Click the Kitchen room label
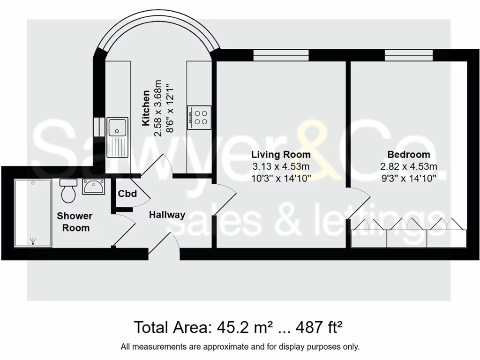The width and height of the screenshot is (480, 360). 146,108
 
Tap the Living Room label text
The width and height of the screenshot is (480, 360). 281,155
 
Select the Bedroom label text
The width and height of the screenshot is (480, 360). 408,155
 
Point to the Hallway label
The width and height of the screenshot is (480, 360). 167,215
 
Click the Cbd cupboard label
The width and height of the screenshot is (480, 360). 127,194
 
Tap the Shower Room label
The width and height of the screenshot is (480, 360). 75,222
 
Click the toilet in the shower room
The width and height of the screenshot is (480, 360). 68,191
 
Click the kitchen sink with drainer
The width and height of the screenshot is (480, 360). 117,137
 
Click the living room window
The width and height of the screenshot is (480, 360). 281,55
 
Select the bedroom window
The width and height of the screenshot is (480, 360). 408,55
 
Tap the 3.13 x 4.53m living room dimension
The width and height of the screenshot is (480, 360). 281,166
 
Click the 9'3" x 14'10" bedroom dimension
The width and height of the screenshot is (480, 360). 408,178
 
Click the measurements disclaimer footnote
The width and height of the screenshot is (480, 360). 240,347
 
